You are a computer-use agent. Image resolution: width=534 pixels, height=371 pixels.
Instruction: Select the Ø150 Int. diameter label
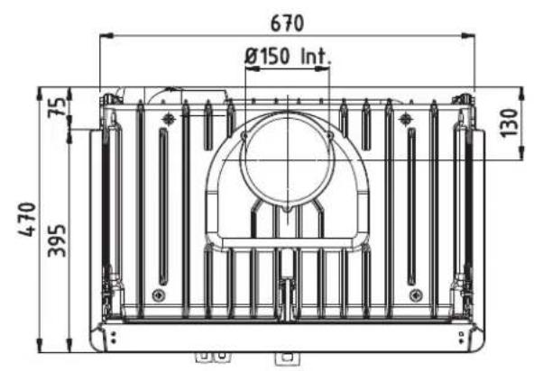coord(288,57)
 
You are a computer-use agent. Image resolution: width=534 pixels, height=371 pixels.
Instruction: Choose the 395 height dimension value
coord(57,239)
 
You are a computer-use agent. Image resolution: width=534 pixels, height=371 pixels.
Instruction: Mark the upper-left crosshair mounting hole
coord(168,119)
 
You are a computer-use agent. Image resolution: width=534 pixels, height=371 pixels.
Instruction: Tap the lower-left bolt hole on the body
coord(159,294)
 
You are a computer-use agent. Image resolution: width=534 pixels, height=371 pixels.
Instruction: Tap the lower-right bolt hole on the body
coord(413,294)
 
